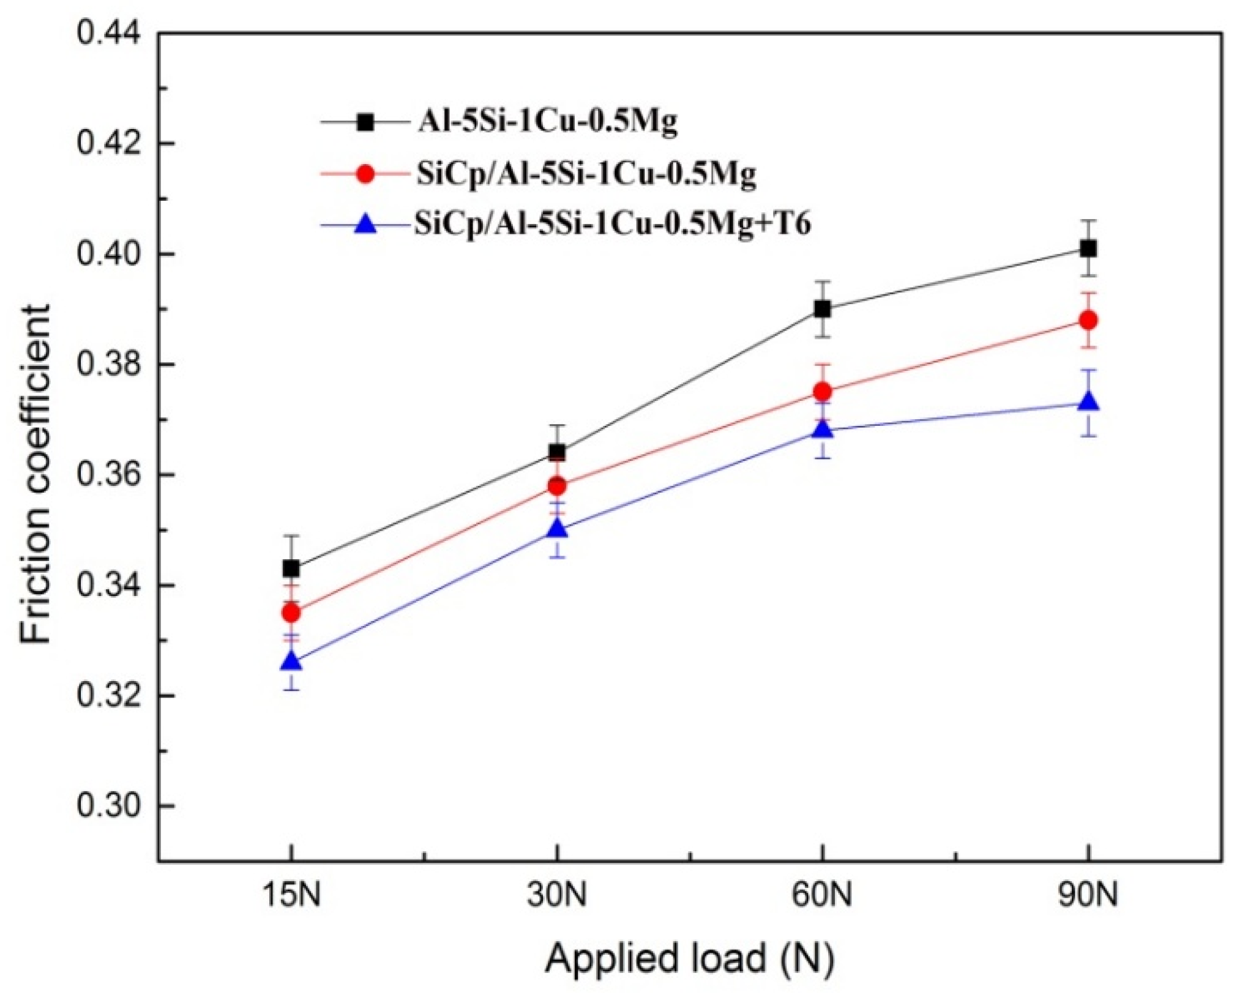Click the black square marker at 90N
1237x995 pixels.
click(x=1088, y=248)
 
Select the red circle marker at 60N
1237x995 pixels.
click(x=823, y=391)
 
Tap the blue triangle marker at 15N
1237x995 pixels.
click(x=292, y=661)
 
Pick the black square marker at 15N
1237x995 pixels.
click(x=291, y=568)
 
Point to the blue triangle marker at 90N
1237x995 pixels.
click(x=1088, y=402)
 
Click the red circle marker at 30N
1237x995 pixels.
click(x=557, y=486)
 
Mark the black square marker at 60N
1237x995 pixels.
click(x=823, y=309)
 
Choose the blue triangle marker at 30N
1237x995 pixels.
click(x=557, y=527)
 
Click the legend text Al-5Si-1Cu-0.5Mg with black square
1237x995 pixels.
click(x=548, y=122)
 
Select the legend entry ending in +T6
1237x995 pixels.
click(x=612, y=224)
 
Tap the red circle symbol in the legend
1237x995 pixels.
click(x=365, y=174)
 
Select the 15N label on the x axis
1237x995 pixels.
click(x=291, y=895)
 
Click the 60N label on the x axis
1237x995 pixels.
click(x=822, y=895)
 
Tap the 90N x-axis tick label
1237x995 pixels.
click(x=1088, y=895)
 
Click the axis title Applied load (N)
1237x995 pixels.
click(x=690, y=958)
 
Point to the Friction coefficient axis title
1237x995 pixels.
click(x=35, y=474)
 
